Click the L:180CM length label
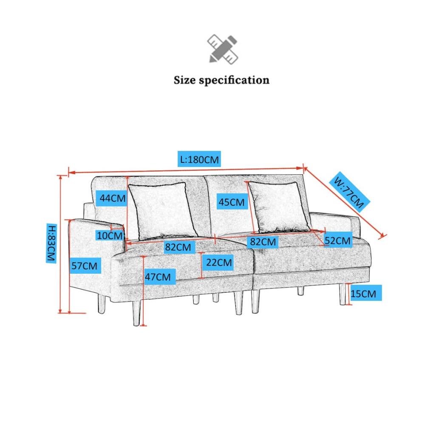coord(199,159)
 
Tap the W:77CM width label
coord(350,191)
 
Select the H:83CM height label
coord(51,243)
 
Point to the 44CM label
coord(112,198)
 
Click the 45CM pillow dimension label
coord(232,201)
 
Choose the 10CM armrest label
coord(110,235)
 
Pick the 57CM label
coord(85,266)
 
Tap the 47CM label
coord(160,277)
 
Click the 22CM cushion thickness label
coord(218,262)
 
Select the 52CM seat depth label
coord(338,240)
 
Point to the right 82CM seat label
coord(262,241)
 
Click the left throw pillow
coord(163,211)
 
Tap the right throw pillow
coord(279,207)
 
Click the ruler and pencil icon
coord(223,49)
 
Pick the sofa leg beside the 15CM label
coord(343,294)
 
